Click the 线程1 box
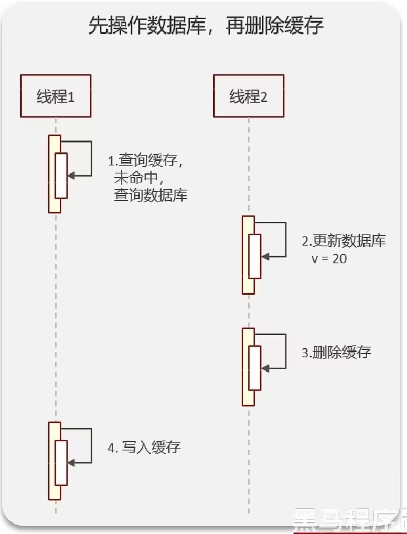[x=56, y=96]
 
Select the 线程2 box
[x=249, y=96]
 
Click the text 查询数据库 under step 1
[x=151, y=195]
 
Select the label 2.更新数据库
[x=344, y=241]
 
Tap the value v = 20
[x=329, y=258]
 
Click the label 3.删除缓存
[x=336, y=352]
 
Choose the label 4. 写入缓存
[x=144, y=448]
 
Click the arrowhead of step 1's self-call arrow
[x=71, y=176]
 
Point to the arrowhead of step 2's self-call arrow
[x=265, y=257]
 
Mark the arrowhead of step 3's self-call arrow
[x=265, y=368]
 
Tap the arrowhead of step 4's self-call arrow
[x=71, y=463]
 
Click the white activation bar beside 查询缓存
[x=61, y=176]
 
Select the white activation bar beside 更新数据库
[x=254, y=256]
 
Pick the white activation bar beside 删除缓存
[x=254, y=368]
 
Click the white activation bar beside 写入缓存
[x=61, y=462]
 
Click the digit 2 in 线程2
[x=264, y=97]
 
